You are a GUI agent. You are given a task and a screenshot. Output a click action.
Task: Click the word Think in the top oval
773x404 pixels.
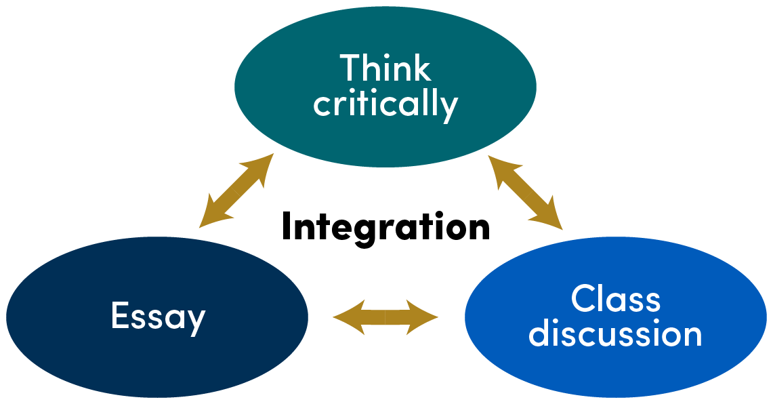click(385, 69)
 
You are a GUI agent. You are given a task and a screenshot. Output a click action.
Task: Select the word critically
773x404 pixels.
click(385, 105)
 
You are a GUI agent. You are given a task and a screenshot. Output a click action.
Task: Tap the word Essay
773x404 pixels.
click(158, 317)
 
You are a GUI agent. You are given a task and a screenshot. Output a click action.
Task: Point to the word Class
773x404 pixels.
click(615, 299)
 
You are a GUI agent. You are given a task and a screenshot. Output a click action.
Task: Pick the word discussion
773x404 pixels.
click(615, 334)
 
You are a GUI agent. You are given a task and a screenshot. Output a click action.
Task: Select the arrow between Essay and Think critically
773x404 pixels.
click(236, 190)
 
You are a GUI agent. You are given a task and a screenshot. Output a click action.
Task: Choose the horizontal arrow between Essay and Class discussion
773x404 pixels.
click(386, 317)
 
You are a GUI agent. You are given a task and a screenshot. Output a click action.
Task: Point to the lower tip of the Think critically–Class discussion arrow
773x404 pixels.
click(560, 225)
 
